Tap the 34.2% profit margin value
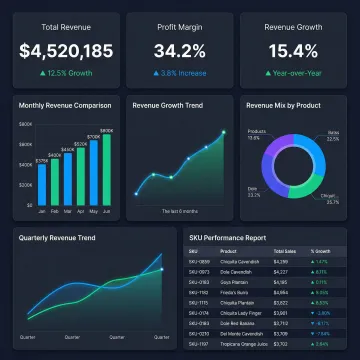coord(179,49)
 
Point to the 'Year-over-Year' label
coord(299,72)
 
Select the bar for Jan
coord(42,184)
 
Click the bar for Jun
coord(107,169)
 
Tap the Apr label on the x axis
coord(80,211)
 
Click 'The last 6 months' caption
coord(179,211)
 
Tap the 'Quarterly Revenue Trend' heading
coord(58,238)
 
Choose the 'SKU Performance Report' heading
coord(228,238)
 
